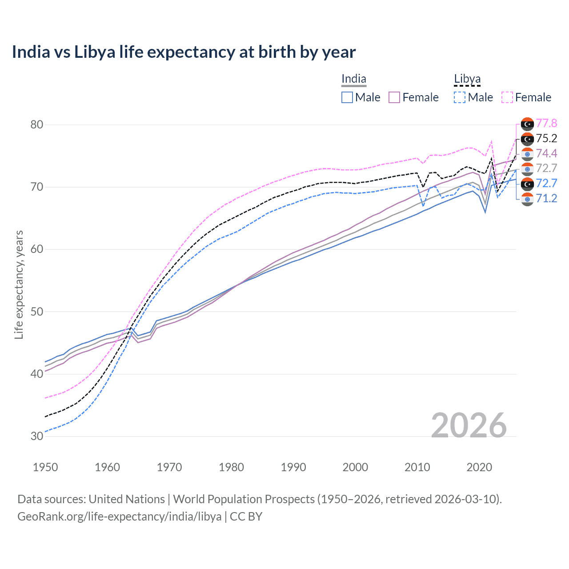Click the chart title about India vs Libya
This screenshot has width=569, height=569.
tap(184, 52)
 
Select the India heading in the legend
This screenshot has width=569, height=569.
tap(354, 79)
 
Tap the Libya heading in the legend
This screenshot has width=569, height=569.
tap(467, 79)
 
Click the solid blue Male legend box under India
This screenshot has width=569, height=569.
tap(347, 97)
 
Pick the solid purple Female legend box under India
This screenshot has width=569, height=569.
tap(394, 97)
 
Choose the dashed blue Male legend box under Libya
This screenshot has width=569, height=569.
tap(460, 97)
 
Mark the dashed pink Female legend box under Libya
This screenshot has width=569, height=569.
tap(507, 97)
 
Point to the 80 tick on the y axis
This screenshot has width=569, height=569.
tap(37, 124)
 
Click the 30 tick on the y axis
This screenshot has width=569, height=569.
tap(37, 436)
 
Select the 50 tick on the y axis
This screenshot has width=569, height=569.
tap(37, 312)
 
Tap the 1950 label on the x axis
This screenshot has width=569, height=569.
tap(45, 467)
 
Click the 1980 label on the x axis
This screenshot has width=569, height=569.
tap(231, 467)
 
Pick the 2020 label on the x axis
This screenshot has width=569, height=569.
tap(479, 467)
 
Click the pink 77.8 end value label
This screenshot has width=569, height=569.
tap(546, 124)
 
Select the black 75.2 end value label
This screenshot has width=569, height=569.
tap(546, 139)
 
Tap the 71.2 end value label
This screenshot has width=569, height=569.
tap(546, 198)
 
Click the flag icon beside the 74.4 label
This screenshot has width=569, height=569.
tap(527, 154)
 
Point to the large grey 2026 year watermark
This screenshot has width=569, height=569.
tap(469, 425)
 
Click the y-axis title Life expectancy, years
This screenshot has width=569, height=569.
tap(19, 284)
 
